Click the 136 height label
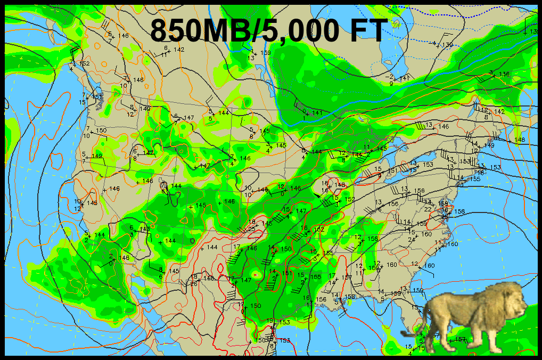coord(504,74)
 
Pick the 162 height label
coord(319,230)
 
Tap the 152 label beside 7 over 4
coord(84,63)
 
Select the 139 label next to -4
coord(447,45)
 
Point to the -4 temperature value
coord(434,43)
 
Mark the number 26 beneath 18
coord(194,283)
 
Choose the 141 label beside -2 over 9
coord(405,78)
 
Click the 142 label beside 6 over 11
coord(179,50)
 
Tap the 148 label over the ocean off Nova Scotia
coord(520,140)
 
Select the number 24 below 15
coord(411,239)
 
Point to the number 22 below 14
coord(428,209)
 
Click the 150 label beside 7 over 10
coord(101,130)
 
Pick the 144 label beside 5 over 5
coord(224,113)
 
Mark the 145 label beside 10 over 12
coord(93,203)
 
